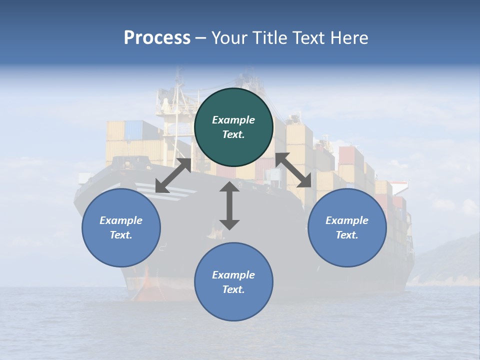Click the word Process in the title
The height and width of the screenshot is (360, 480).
click(157, 38)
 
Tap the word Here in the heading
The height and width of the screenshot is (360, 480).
click(348, 38)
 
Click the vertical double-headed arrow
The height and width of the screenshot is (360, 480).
click(229, 205)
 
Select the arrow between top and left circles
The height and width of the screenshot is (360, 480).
click(173, 175)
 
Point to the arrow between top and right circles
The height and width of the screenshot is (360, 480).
click(293, 170)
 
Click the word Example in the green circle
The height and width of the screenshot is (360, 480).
click(233, 120)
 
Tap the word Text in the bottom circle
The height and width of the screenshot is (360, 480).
click(232, 289)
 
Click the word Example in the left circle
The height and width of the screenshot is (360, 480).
click(121, 220)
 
